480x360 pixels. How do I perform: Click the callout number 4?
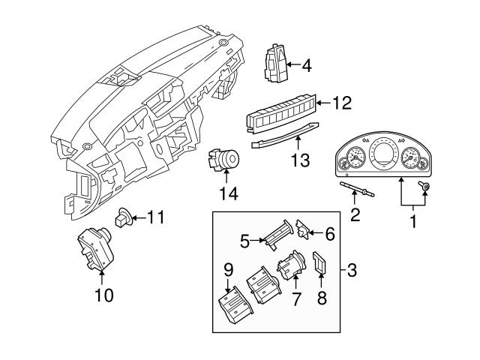[x=306, y=66]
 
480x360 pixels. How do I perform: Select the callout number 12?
[x=341, y=103]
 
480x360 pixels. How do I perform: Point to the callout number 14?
[x=226, y=193]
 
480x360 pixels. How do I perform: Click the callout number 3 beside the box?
[x=352, y=268]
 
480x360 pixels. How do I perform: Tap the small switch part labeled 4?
[x=275, y=61]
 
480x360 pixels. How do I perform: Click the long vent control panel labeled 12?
[x=281, y=118]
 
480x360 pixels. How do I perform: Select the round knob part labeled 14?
[x=224, y=160]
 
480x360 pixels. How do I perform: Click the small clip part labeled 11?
[x=123, y=218]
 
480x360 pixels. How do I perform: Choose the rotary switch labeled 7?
[x=289, y=267]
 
